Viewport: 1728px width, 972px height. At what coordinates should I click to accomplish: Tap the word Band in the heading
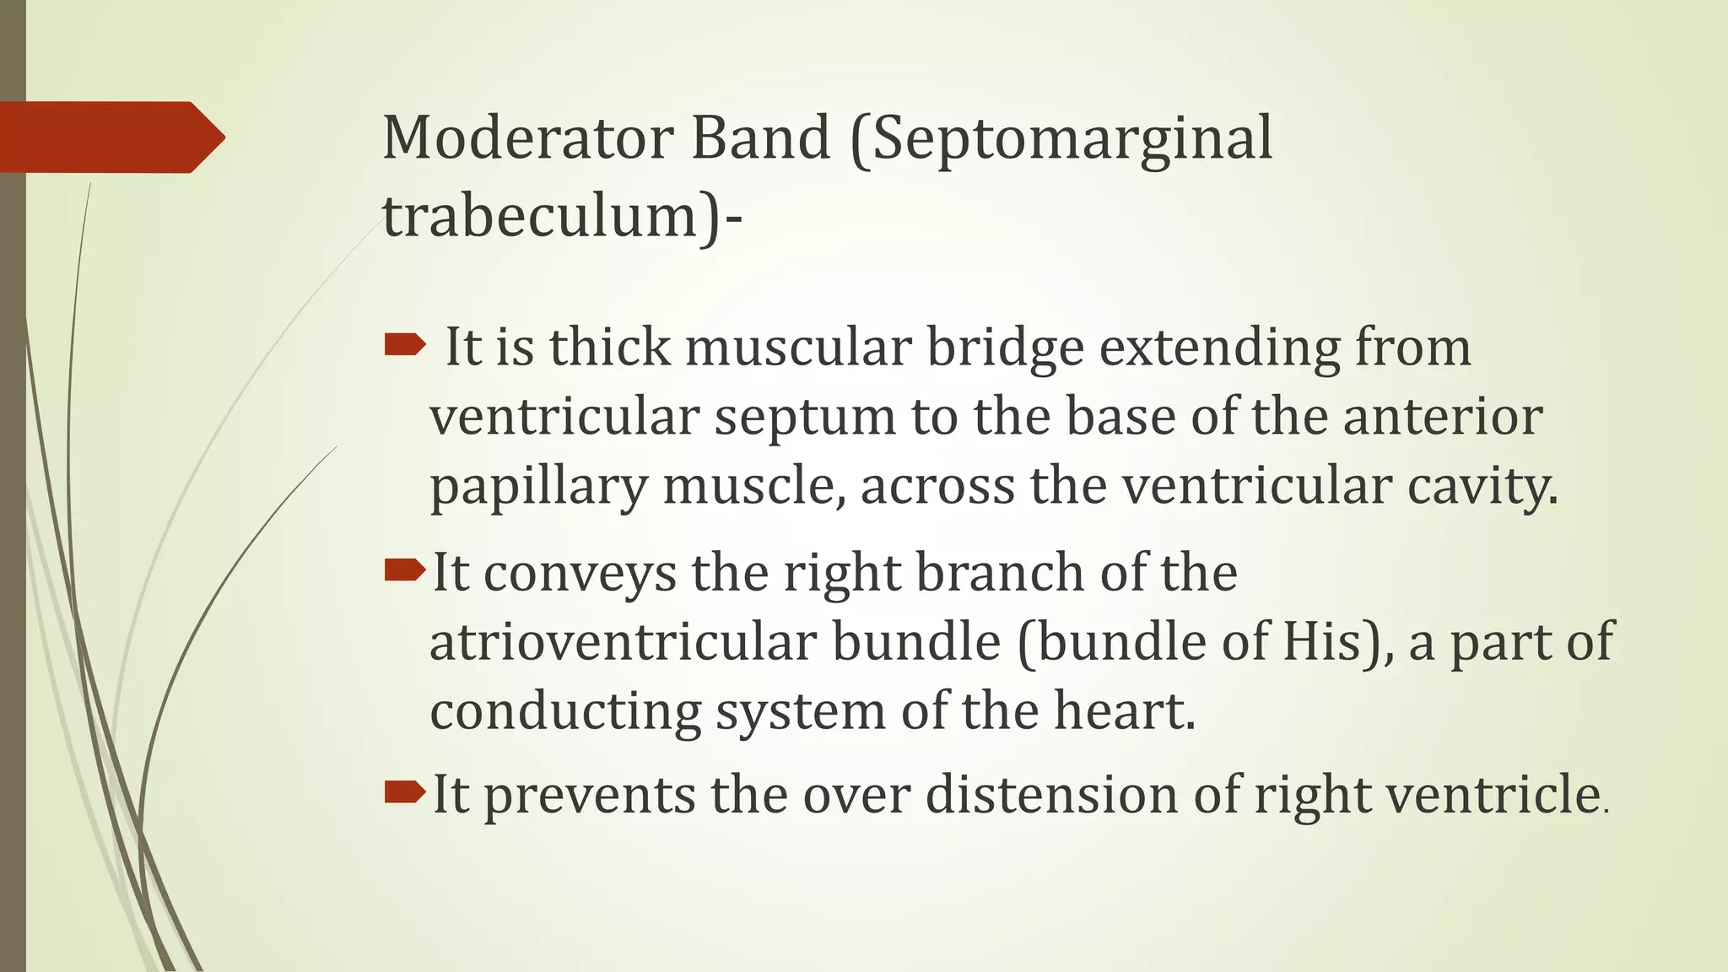pyautogui.click(x=761, y=138)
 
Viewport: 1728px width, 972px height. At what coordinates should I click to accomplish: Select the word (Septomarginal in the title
pyautogui.click(x=1061, y=140)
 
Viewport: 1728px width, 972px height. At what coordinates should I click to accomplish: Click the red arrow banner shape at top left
pyautogui.click(x=110, y=137)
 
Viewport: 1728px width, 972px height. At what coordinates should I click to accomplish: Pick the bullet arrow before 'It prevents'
pyautogui.click(x=404, y=791)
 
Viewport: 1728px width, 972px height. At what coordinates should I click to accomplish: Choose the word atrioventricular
pyautogui.click(x=623, y=642)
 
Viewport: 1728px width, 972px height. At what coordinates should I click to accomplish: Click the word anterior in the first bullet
pyautogui.click(x=1443, y=417)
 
